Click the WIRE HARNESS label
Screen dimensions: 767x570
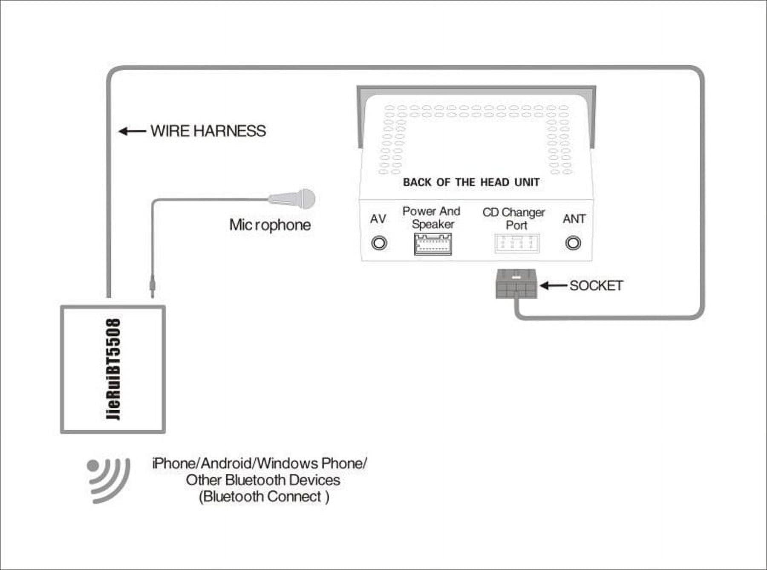[x=208, y=131]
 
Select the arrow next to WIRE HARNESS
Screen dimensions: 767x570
[x=132, y=131]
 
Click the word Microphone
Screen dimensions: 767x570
[x=270, y=225]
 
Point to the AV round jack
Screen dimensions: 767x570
[x=379, y=243]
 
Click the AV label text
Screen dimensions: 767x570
[x=378, y=219]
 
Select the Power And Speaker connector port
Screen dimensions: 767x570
[x=433, y=244]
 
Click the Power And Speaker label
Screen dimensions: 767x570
[x=432, y=217]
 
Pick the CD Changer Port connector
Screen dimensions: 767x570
[x=516, y=244]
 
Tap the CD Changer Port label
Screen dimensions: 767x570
[x=514, y=218]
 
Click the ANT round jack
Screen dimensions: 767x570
[x=573, y=243]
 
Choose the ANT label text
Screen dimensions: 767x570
[x=574, y=219]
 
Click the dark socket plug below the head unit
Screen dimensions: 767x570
[x=516, y=284]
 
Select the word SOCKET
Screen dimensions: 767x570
[x=596, y=285]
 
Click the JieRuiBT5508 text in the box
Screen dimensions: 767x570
[x=113, y=369]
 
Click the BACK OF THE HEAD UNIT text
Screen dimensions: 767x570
[x=471, y=182]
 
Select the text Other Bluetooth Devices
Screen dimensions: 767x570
[x=263, y=480]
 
